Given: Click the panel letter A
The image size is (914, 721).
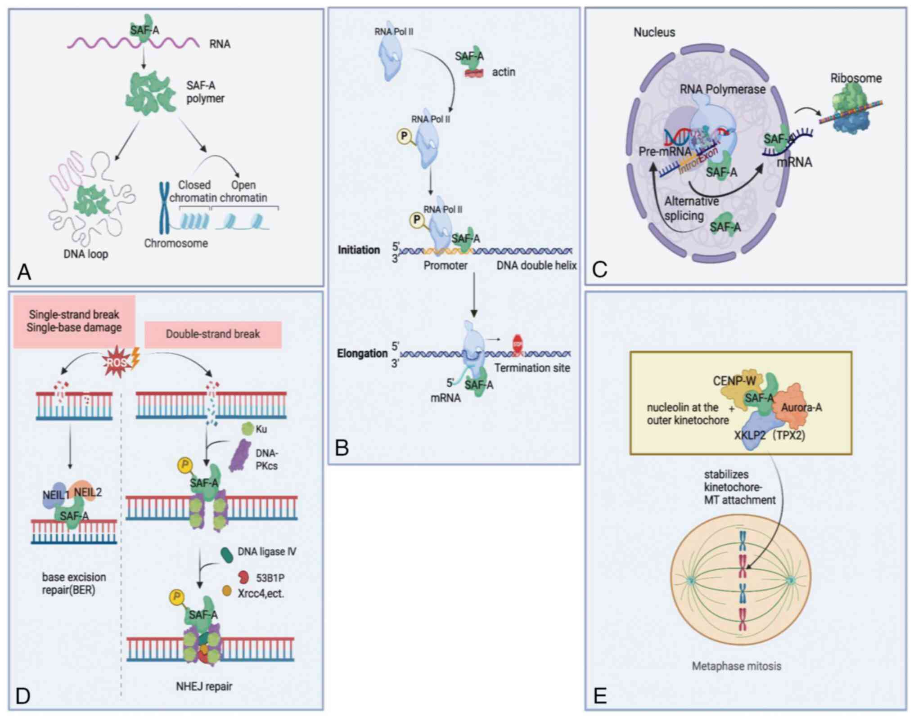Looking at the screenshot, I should (24, 272).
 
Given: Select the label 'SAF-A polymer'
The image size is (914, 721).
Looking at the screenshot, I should (205, 92).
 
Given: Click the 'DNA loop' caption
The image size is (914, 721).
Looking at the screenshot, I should (86, 254).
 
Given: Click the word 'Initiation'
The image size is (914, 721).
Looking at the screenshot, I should (359, 250).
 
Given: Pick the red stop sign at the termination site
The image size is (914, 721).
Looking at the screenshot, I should (518, 345).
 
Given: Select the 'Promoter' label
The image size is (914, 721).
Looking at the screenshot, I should (445, 265).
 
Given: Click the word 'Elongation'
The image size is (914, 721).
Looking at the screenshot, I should (362, 354).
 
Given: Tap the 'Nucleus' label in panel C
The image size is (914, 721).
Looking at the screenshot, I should (654, 32).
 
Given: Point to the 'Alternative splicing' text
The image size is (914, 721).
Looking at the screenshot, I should (691, 208).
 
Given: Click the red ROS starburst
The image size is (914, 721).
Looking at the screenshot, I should (116, 361).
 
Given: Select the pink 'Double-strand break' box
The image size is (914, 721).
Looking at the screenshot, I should (213, 334).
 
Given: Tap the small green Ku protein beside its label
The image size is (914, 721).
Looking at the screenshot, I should (248, 429).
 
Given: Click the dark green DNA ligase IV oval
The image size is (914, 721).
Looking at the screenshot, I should (226, 555).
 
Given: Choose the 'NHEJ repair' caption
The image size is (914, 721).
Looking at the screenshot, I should (204, 686).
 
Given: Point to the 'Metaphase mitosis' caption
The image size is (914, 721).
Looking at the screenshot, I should (736, 666).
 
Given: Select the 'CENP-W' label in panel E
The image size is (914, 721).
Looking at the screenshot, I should (734, 381).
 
